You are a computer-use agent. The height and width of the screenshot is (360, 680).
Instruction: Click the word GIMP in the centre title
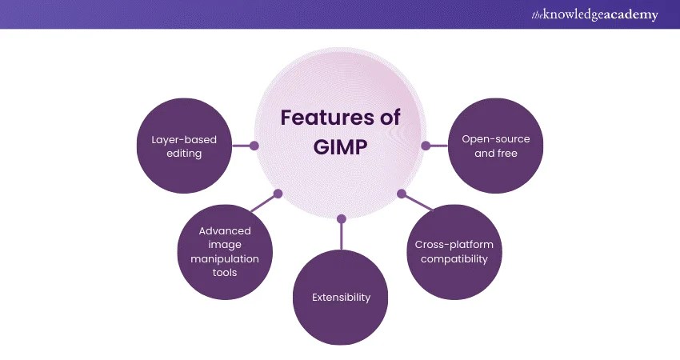(x=340, y=146)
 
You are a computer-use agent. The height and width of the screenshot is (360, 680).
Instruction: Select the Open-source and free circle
(x=495, y=146)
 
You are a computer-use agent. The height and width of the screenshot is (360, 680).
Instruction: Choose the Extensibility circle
(x=342, y=296)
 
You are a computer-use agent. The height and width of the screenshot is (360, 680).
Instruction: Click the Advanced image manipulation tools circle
(x=225, y=251)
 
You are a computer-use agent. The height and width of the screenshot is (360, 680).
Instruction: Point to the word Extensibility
(x=342, y=298)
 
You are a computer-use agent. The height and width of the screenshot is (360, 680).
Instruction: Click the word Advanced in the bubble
(x=225, y=231)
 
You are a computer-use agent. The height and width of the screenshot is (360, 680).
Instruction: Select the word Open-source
(x=496, y=139)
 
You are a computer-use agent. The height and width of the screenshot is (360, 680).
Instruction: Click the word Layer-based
(x=184, y=139)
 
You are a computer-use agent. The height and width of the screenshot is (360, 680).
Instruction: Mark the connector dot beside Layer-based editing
(x=254, y=146)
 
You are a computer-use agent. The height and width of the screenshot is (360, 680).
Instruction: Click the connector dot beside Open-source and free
(x=426, y=146)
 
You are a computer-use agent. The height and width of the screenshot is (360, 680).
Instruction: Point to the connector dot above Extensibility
(x=342, y=218)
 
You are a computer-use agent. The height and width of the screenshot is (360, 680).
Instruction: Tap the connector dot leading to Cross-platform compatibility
(x=402, y=194)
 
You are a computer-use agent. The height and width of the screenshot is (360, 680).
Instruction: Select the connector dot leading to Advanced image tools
(x=278, y=194)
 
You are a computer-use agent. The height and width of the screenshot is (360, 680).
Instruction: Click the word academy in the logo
(x=629, y=15)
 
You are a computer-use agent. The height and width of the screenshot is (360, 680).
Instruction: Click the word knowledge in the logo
(x=570, y=15)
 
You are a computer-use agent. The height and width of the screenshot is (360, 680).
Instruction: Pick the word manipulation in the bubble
(x=225, y=258)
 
